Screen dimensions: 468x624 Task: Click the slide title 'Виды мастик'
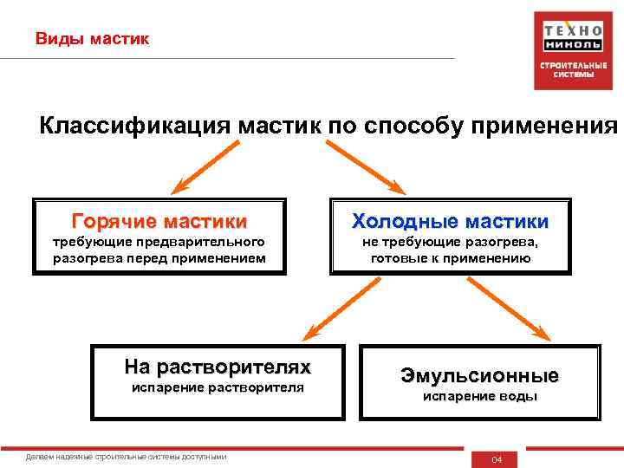pyautogui.click(x=92, y=39)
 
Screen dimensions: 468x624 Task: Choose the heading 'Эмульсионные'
pyautogui.click(x=479, y=375)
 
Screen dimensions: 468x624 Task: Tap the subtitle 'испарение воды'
pyautogui.click(x=479, y=396)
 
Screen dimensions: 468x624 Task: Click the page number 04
pyautogui.click(x=497, y=458)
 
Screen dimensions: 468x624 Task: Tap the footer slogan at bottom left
pyautogui.click(x=127, y=456)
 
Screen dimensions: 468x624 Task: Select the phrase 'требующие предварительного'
pyautogui.click(x=159, y=242)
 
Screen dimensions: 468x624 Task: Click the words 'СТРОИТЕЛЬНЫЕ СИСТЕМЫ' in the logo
pyautogui.click(x=568, y=69)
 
